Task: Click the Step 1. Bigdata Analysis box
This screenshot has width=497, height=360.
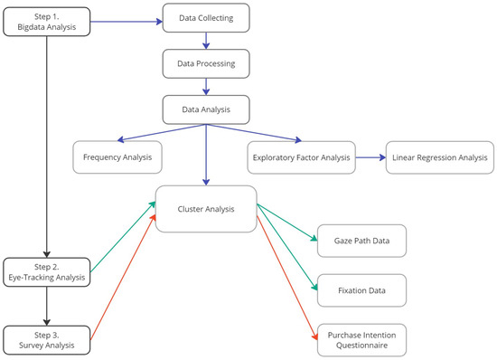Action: (x=46, y=22)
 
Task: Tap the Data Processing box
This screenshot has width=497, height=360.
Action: (x=207, y=64)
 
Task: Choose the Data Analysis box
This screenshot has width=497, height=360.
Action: (x=207, y=110)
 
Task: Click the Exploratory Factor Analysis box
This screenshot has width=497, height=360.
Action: (x=298, y=157)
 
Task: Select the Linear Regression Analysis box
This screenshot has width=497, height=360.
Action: (x=439, y=157)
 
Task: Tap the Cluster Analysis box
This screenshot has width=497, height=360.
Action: (x=206, y=208)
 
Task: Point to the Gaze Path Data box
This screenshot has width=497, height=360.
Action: (x=360, y=241)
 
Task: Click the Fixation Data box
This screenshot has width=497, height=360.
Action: (x=360, y=289)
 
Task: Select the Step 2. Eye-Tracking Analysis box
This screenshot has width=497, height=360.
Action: (x=46, y=271)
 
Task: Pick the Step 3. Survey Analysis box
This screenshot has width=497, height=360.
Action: (x=46, y=339)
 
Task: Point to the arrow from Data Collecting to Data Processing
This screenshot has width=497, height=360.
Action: (x=207, y=41)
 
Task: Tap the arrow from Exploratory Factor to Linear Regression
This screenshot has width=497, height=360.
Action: (x=367, y=157)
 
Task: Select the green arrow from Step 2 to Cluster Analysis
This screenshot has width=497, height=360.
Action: (x=122, y=239)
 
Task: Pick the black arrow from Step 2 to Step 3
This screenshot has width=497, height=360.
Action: (x=46, y=306)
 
